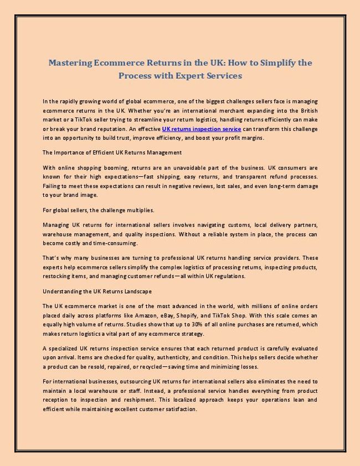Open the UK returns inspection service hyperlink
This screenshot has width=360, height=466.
202,129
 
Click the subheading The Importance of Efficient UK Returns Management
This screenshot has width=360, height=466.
112,152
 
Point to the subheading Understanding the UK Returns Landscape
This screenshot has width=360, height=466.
97,291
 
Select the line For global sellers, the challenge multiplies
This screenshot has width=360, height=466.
98,210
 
